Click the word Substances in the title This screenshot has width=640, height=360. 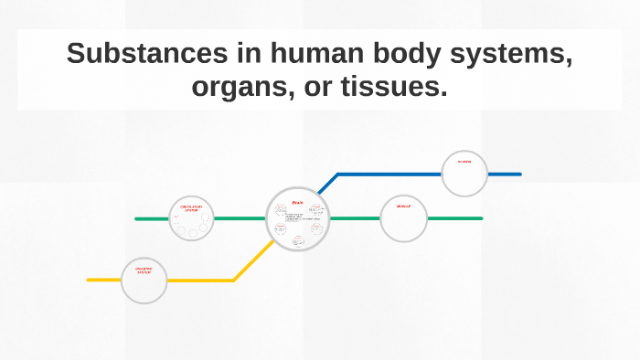[130, 54]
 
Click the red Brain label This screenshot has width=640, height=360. [297, 202]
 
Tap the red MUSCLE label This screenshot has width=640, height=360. [403, 206]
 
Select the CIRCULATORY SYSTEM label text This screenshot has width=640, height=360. [191, 209]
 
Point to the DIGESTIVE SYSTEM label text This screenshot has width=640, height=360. [144, 270]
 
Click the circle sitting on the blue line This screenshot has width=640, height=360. [464, 174]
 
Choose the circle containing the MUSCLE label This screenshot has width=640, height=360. [403, 219]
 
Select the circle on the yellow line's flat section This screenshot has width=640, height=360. [144, 281]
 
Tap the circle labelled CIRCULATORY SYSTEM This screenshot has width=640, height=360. [191, 219]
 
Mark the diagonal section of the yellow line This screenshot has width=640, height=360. [252, 262]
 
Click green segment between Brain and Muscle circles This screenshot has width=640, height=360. [354, 219]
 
